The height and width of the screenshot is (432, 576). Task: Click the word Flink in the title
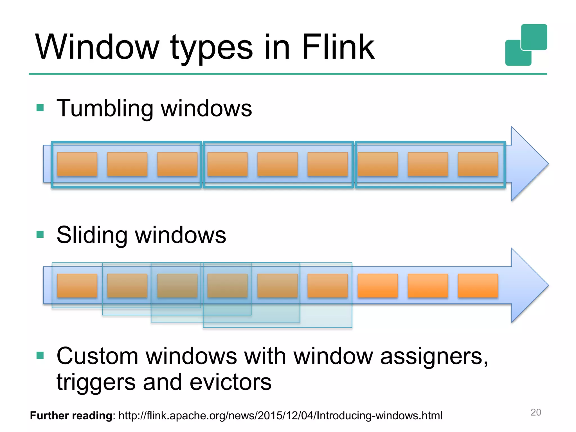(338, 47)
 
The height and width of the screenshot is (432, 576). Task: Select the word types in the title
(211, 48)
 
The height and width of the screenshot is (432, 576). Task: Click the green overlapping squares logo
(526, 45)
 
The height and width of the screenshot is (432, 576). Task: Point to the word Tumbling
(105, 109)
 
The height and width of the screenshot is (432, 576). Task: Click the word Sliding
(92, 235)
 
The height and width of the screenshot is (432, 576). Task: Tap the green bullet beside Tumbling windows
(40, 108)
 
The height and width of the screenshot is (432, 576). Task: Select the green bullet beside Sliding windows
(40, 234)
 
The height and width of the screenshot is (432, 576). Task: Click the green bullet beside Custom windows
(40, 355)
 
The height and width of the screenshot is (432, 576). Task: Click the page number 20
(535, 412)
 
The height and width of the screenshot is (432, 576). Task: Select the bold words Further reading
(72, 416)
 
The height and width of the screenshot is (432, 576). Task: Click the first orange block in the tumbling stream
(77, 164)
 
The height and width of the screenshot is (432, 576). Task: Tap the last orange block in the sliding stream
(478, 286)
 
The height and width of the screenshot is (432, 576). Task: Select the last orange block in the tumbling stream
(478, 164)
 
